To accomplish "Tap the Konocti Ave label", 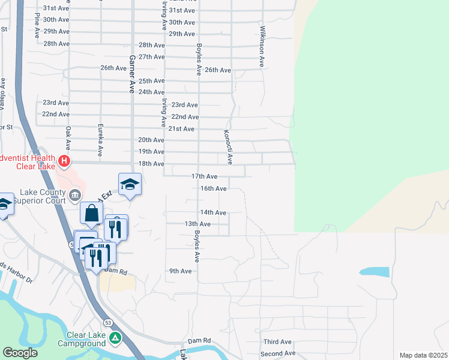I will click(x=228, y=147).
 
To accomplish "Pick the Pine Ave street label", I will click(x=37, y=28).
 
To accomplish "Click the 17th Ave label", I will click(x=204, y=176).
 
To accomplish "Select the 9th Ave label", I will click(x=179, y=271).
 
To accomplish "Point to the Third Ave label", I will click(x=277, y=342).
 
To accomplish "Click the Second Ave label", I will click(x=278, y=354).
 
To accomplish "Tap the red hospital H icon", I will click(x=64, y=161).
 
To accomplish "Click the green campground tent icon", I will click(x=115, y=340).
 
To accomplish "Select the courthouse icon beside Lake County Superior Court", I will click(x=75, y=195).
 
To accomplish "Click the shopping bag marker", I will click(x=91, y=213).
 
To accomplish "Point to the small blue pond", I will click(x=374, y=271).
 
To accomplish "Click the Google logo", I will click(x=20, y=353).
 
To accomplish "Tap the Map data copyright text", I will click(x=424, y=355).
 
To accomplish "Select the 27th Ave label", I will click(x=151, y=57).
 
